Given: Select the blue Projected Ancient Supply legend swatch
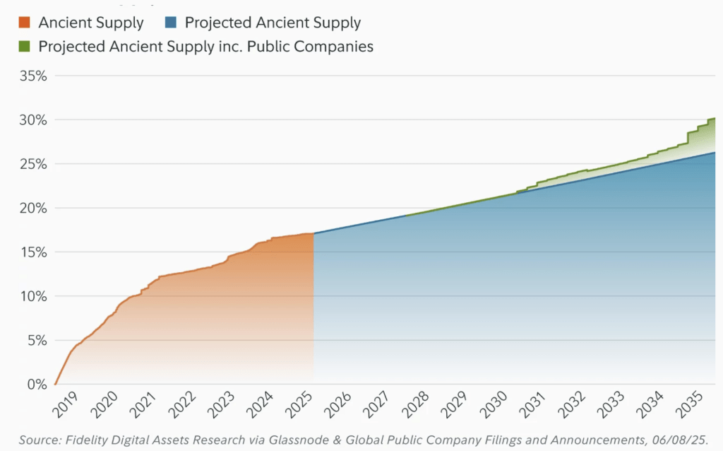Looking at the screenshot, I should [x=170, y=23].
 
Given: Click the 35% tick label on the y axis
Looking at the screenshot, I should [x=32, y=76].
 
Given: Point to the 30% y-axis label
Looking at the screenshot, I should [x=32, y=119].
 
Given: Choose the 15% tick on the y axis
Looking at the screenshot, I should [x=32, y=252].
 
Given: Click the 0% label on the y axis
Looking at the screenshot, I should [x=36, y=385].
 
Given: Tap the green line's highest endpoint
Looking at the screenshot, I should [x=715, y=118].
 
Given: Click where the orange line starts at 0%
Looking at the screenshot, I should [x=55, y=385].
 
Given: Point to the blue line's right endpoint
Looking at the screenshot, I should [x=715, y=153].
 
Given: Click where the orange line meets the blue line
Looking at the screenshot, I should [x=313, y=233].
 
